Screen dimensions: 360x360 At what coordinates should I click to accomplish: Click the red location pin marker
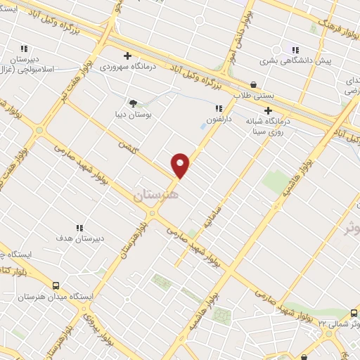[181, 165]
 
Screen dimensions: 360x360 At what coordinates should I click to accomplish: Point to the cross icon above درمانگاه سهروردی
[127, 56]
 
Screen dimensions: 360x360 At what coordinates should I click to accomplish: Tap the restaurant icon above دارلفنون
[219, 108]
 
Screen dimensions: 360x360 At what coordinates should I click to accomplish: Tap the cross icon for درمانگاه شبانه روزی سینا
[268, 110]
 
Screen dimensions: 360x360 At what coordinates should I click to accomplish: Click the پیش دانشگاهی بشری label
[305, 61]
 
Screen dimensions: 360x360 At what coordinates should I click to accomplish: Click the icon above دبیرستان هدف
[79, 228]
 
